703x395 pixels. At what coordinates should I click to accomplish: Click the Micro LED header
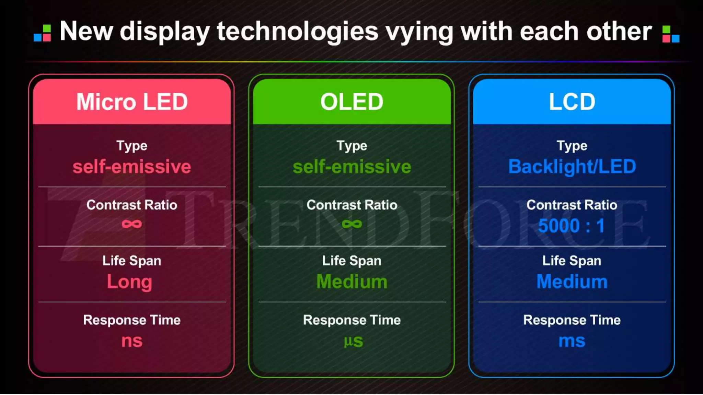click(132, 102)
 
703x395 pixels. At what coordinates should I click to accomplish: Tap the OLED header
click(351, 102)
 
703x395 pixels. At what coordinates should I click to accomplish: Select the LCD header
click(572, 102)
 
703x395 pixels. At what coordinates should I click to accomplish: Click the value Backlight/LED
click(572, 167)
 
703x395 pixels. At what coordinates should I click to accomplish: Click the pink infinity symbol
click(132, 224)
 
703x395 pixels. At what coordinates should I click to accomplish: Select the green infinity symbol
click(352, 224)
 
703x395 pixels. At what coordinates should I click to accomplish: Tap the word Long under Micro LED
click(129, 282)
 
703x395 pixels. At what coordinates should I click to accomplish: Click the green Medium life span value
click(352, 282)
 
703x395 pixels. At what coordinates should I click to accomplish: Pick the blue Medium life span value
click(572, 282)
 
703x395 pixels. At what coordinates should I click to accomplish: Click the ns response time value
click(132, 341)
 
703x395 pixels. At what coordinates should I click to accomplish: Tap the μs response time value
click(353, 341)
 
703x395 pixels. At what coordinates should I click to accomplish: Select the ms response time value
click(572, 341)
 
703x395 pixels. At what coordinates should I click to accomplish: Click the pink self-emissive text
click(132, 167)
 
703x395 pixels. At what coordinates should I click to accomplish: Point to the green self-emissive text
click(352, 167)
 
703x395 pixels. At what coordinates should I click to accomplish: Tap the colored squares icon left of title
click(42, 33)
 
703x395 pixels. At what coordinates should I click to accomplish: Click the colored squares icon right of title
click(671, 34)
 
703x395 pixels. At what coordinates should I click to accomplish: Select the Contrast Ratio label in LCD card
click(572, 205)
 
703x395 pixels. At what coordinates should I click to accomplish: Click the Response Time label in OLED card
click(352, 320)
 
